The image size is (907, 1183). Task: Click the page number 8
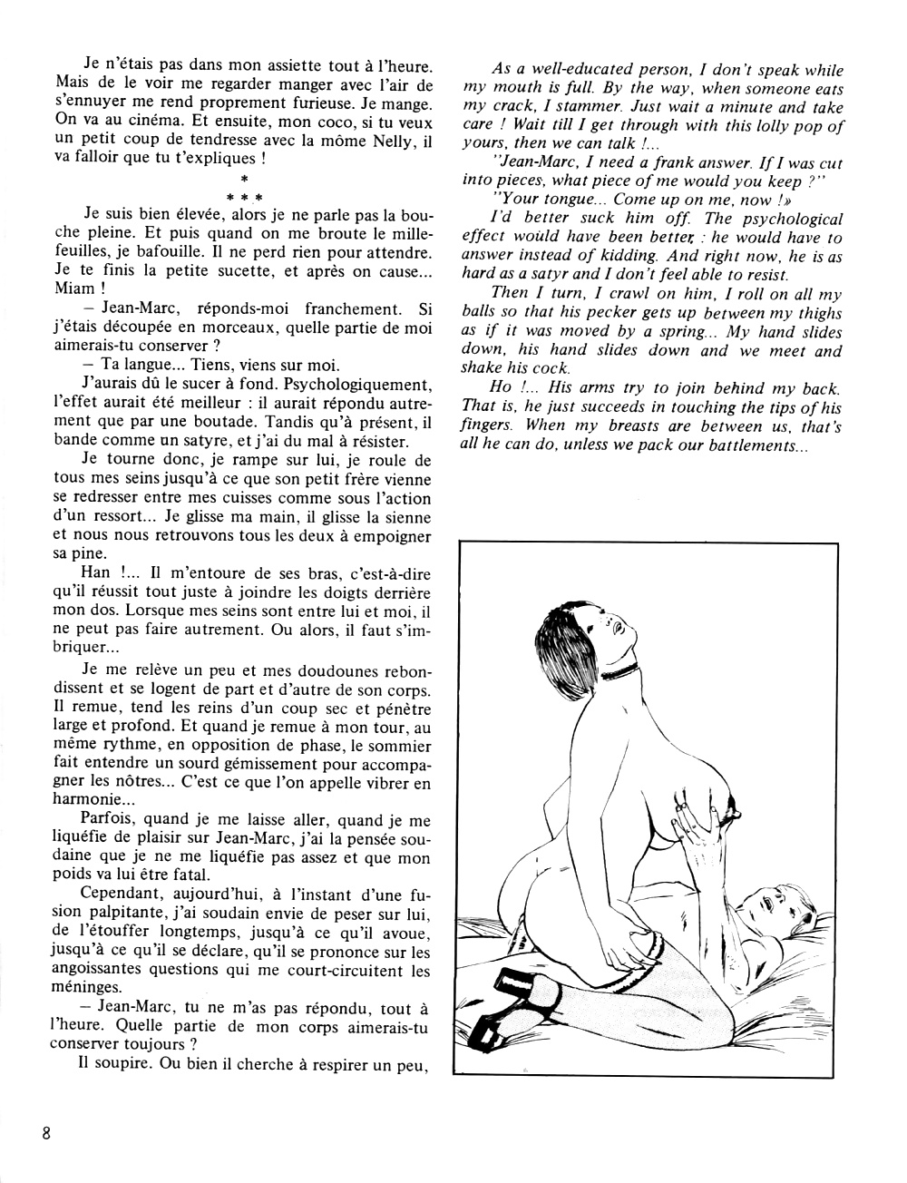44,1133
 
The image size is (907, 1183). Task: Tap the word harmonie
93,801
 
